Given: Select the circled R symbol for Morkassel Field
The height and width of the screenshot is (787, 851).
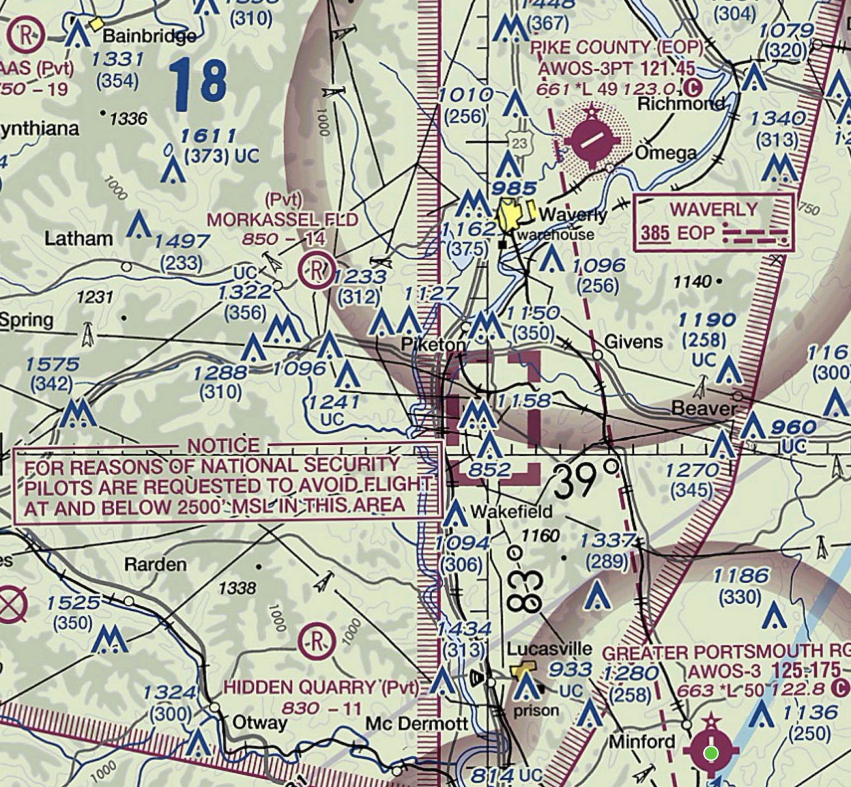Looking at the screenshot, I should pos(316,270).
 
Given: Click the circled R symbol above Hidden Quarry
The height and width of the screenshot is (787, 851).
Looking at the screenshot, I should pos(316,641).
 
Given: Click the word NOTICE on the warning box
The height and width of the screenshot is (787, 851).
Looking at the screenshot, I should pos(223,445).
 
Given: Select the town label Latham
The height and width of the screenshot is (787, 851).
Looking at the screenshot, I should pos(79,239).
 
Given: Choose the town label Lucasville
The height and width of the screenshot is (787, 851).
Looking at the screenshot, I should pos(549,649).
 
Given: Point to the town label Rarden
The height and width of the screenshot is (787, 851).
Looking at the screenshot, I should pos(155,565).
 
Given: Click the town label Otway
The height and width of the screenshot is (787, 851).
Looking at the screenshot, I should pos(259,722).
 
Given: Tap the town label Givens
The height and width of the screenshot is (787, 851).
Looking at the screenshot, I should pos(633,342).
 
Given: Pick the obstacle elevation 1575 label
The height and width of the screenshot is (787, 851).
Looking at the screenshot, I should pos(52,364).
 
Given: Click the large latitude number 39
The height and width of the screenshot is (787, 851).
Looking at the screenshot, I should pos(575,481).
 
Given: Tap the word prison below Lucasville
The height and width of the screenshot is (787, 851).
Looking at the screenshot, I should pos(536,710).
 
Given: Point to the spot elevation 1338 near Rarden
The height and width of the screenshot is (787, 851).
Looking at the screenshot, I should pos(237,588).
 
